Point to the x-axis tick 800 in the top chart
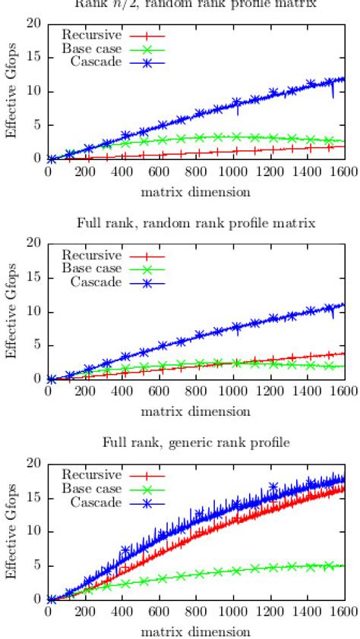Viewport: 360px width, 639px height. (x=197, y=172)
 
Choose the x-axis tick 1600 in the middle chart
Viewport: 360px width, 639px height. (x=343, y=392)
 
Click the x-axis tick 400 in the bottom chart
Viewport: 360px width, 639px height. (x=123, y=612)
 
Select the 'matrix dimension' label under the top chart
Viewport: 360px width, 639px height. (x=196, y=191)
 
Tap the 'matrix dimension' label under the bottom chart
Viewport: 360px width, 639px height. (x=196, y=631)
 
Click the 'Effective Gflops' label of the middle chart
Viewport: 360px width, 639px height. (x=11, y=311)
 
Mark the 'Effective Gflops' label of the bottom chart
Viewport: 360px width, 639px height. (x=11, y=531)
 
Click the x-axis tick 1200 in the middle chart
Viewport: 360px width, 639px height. (x=270, y=392)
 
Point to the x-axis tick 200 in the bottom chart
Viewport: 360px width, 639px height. (x=86, y=612)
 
